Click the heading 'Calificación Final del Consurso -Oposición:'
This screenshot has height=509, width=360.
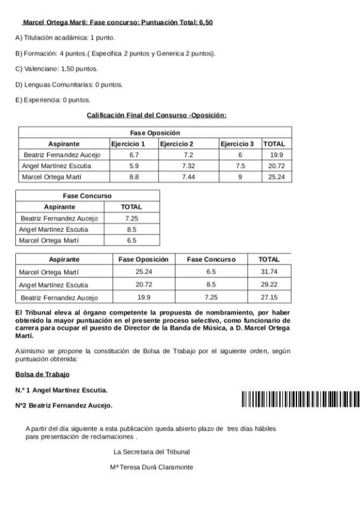[156, 115]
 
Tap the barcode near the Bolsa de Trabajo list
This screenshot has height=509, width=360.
[300, 400]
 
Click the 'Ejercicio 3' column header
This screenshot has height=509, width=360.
[237, 144]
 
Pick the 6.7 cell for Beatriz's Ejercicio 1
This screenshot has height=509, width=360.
[134, 155]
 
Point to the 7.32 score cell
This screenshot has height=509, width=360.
[188, 165]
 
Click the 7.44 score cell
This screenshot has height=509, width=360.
[188, 177]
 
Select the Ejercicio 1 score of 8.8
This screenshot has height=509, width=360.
[134, 177]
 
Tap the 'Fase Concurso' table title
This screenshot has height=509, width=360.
[87, 196]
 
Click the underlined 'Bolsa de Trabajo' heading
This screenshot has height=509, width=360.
[42, 374]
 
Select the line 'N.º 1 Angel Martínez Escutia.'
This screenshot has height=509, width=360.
[61, 390]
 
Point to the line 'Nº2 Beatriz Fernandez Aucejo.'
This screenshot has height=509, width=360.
[64, 405]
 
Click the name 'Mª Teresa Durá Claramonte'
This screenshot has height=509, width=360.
[151, 467]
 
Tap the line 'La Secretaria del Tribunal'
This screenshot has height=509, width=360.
[151, 452]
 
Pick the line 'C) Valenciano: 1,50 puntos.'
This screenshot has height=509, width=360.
[57, 69]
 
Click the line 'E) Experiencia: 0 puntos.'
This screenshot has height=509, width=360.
[53, 100]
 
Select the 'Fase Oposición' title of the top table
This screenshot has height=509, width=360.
[155, 133]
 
